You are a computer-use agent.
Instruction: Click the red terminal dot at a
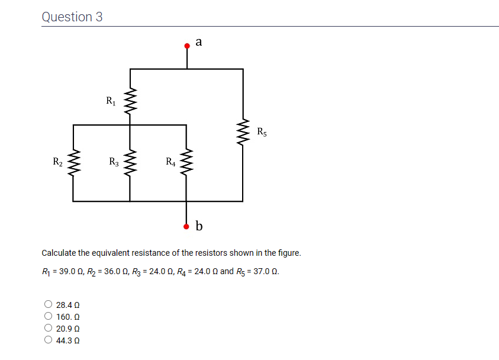click(x=187, y=45)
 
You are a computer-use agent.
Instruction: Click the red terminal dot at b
click(x=187, y=226)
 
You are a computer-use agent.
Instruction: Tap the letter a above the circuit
click(x=198, y=41)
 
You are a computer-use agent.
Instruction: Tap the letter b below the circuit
click(x=199, y=226)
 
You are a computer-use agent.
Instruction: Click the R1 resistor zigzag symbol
click(x=130, y=102)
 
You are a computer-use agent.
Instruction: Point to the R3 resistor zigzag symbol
click(x=130, y=163)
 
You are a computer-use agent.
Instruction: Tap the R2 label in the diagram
click(x=57, y=161)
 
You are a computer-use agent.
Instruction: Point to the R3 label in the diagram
click(x=114, y=161)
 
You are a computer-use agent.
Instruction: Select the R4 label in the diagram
click(x=170, y=161)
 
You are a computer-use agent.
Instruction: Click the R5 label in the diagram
click(x=262, y=131)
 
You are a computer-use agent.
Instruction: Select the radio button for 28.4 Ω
click(x=48, y=305)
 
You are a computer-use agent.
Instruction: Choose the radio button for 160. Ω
click(x=48, y=317)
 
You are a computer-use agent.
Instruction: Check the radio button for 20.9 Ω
click(x=48, y=328)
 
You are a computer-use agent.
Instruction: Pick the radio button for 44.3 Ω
click(x=48, y=340)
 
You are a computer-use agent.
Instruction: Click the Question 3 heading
click(x=72, y=17)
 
